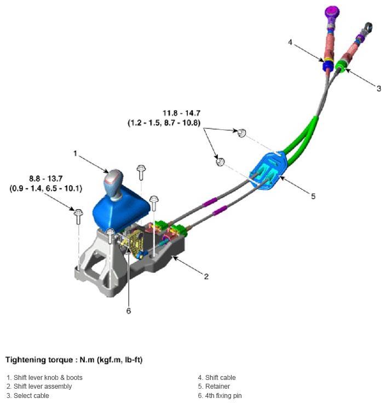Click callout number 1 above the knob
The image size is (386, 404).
(x=76, y=153)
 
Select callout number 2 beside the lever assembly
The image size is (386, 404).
(x=206, y=276)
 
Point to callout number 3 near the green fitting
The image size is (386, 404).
(x=378, y=88)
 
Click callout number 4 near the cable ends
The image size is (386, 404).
(x=291, y=42)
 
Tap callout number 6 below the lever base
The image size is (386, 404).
(x=129, y=311)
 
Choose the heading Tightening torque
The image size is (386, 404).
(x=74, y=360)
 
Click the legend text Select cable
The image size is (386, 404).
(x=28, y=395)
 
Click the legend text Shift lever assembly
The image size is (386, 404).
(x=39, y=386)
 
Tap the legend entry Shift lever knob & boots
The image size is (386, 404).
(x=44, y=378)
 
